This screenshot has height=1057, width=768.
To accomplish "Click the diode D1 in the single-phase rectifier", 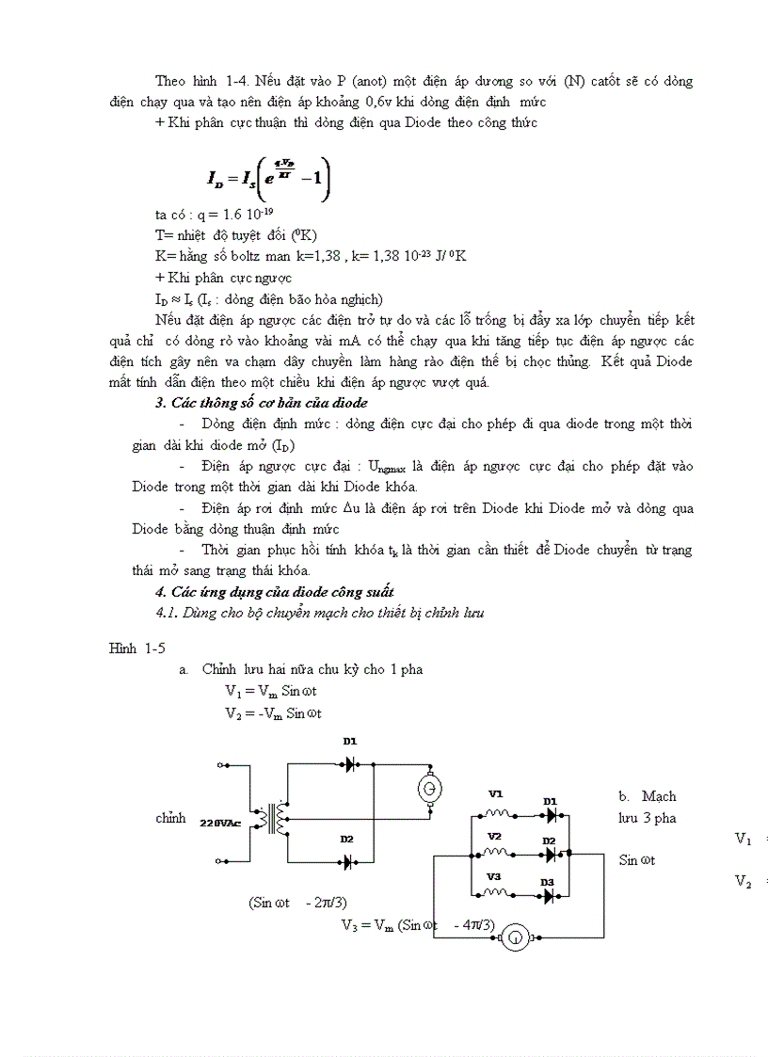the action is tap(349, 764).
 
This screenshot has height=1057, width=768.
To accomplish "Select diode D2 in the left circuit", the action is tap(348, 860).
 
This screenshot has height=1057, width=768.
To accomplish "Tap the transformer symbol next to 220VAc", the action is tap(277, 817).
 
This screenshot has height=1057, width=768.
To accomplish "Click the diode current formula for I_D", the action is tap(269, 176).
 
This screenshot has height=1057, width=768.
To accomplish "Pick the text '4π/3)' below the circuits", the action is tap(473, 924).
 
